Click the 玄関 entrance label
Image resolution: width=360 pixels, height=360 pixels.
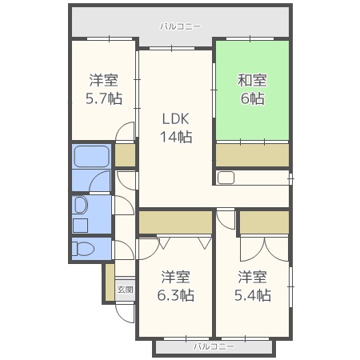125,290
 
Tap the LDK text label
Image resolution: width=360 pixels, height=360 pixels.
176,118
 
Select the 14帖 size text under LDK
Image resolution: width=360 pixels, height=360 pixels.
176,137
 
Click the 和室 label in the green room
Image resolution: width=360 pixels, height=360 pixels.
252,80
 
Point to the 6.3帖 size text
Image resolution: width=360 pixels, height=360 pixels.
176,295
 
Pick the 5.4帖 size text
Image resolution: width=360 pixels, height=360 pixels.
253,295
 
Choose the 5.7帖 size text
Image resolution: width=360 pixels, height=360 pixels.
104,98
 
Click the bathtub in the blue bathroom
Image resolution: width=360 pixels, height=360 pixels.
92,157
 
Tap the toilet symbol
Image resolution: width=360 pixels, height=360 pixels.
83,249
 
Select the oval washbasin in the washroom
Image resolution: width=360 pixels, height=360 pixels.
81,205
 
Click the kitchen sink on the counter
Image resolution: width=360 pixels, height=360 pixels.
226,178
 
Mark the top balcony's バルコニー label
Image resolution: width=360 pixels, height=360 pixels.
180,26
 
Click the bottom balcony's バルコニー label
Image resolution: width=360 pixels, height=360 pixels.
214,346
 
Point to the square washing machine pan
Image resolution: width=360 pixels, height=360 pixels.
80,226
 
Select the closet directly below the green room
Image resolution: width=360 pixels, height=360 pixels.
252,156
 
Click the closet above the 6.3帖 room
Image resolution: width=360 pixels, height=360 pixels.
175,222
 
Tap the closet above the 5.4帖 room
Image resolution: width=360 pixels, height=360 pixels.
264,222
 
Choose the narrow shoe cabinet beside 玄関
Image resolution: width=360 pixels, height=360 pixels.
110,282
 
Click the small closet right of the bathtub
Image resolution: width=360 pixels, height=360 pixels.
125,156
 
